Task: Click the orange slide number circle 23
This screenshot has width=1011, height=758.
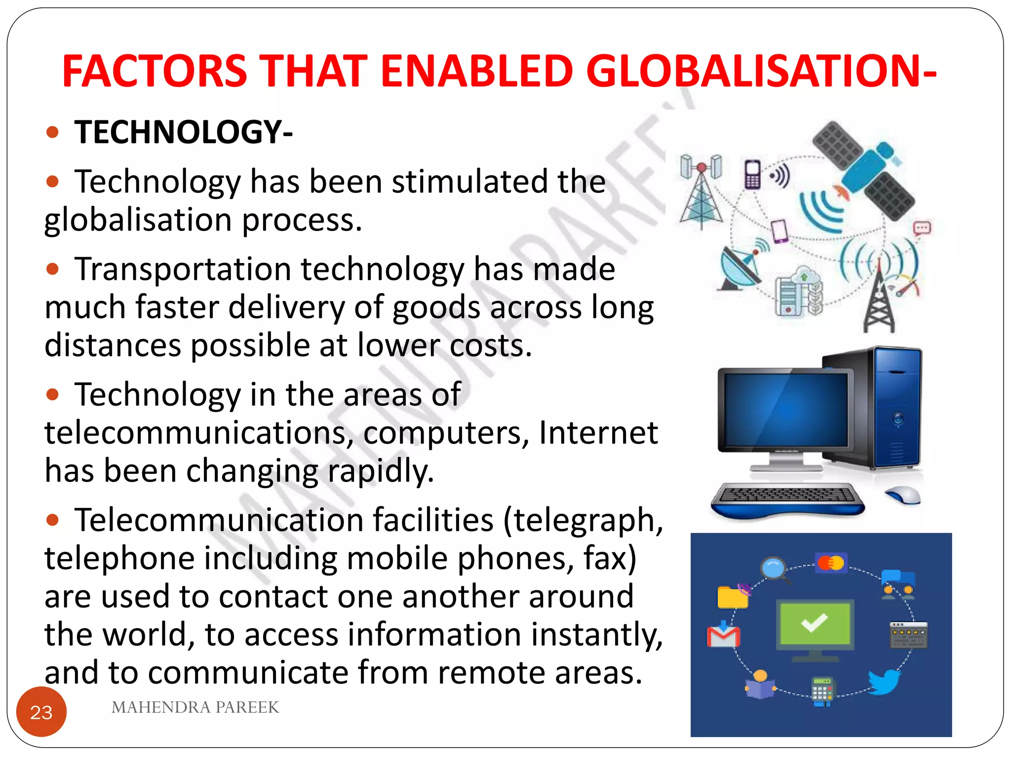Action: pyautogui.click(x=41, y=712)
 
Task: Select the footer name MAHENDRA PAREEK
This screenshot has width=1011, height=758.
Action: pyautogui.click(x=195, y=707)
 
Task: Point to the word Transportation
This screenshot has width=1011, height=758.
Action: pyautogui.click(x=183, y=270)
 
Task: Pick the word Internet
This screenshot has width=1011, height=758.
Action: pyautogui.click(x=598, y=433)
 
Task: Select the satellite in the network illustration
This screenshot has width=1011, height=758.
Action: pyautogui.click(x=864, y=170)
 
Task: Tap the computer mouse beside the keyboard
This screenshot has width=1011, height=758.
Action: pyautogui.click(x=903, y=494)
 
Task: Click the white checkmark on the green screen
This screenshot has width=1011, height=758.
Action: pyautogui.click(x=815, y=623)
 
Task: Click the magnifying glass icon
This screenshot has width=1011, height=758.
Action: pyautogui.click(x=774, y=568)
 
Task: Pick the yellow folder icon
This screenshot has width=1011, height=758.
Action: pyautogui.click(x=733, y=597)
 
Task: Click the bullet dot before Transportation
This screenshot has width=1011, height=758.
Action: pyautogui.click(x=52, y=269)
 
